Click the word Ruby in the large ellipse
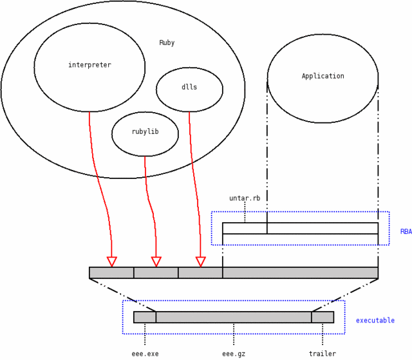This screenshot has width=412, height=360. (167, 43)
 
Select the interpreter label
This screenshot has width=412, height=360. (89, 65)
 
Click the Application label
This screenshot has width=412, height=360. (323, 76)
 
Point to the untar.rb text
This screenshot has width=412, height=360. (245, 198)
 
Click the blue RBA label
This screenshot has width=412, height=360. (406, 232)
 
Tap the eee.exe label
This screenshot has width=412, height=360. (145, 354)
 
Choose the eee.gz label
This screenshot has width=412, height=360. (234, 354)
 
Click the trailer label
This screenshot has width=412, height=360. (323, 354)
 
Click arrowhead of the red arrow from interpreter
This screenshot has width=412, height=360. (111, 261)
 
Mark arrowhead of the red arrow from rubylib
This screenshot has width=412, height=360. (156, 261)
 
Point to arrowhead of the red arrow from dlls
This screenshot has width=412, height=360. (200, 261)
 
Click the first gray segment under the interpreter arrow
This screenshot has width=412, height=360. (111, 273)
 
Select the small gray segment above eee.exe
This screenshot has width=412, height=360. (145, 317)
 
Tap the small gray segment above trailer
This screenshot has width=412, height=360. (323, 317)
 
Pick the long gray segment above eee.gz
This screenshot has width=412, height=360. (234, 317)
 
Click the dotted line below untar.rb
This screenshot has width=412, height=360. (245, 213)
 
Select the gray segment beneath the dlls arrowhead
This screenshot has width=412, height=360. (200, 273)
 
